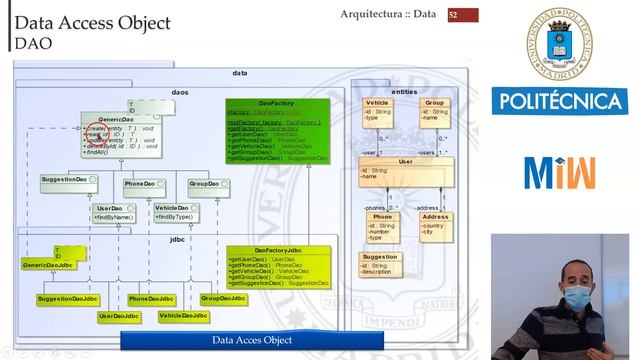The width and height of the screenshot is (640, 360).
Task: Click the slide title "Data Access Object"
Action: [x=93, y=23]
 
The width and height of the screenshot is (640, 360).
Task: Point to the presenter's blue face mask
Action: [x=577, y=297]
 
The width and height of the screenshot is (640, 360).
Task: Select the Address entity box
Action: [x=435, y=227]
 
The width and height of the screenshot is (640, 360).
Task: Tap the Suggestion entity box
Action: [x=379, y=264]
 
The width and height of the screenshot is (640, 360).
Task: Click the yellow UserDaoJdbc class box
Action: [x=119, y=316]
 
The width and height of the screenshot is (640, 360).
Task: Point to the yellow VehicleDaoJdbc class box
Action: [x=183, y=316]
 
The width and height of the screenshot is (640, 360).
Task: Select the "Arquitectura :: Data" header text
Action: [x=388, y=14]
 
